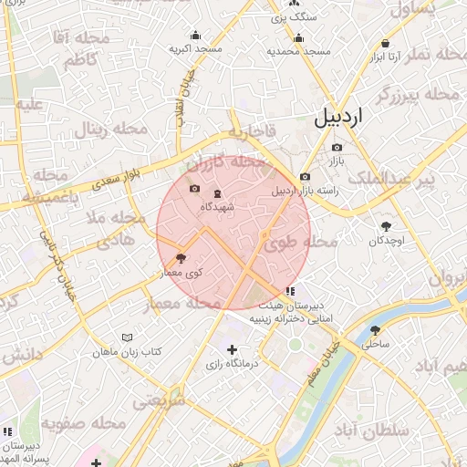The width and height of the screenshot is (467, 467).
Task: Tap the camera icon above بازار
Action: click(x=337, y=148)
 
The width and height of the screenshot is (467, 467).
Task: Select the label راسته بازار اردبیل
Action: click(x=306, y=191)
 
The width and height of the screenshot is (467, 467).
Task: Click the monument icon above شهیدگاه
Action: click(x=217, y=193)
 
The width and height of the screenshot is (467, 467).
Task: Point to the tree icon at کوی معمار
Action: click(x=181, y=259)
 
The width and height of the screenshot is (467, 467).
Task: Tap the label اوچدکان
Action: click(x=386, y=241)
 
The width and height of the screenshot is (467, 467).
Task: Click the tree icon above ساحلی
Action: click(x=375, y=331)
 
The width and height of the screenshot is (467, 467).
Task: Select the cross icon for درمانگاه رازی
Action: click(x=232, y=349)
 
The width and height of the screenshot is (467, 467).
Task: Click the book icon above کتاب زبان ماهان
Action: click(x=127, y=338)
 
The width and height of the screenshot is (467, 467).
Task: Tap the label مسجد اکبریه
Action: click(x=194, y=47)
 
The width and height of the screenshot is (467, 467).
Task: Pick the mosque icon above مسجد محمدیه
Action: click(x=298, y=38)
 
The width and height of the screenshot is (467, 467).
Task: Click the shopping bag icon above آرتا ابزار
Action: click(x=386, y=43)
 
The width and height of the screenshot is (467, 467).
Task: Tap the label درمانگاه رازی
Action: click(x=232, y=365)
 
